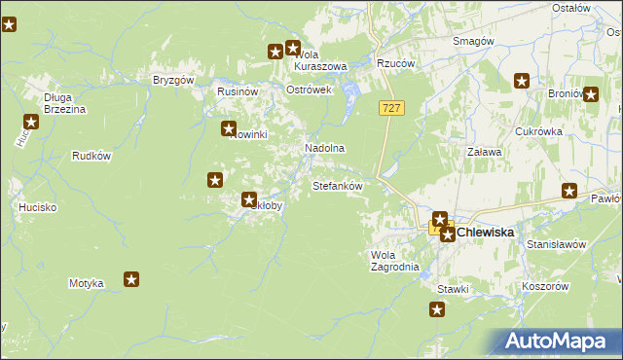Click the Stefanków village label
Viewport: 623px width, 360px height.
(x=337, y=185)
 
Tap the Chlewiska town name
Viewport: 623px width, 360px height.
(x=484, y=233)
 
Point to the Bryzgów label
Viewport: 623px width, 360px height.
(x=174, y=80)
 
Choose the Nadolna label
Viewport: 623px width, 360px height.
(x=325, y=148)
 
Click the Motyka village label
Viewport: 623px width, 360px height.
(x=86, y=283)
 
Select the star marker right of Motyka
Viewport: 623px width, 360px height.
(x=131, y=280)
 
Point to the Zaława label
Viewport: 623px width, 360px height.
(x=484, y=152)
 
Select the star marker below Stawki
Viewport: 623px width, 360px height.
(x=437, y=310)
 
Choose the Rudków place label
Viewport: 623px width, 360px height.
(x=92, y=156)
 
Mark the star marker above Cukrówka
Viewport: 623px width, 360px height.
(x=522, y=82)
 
